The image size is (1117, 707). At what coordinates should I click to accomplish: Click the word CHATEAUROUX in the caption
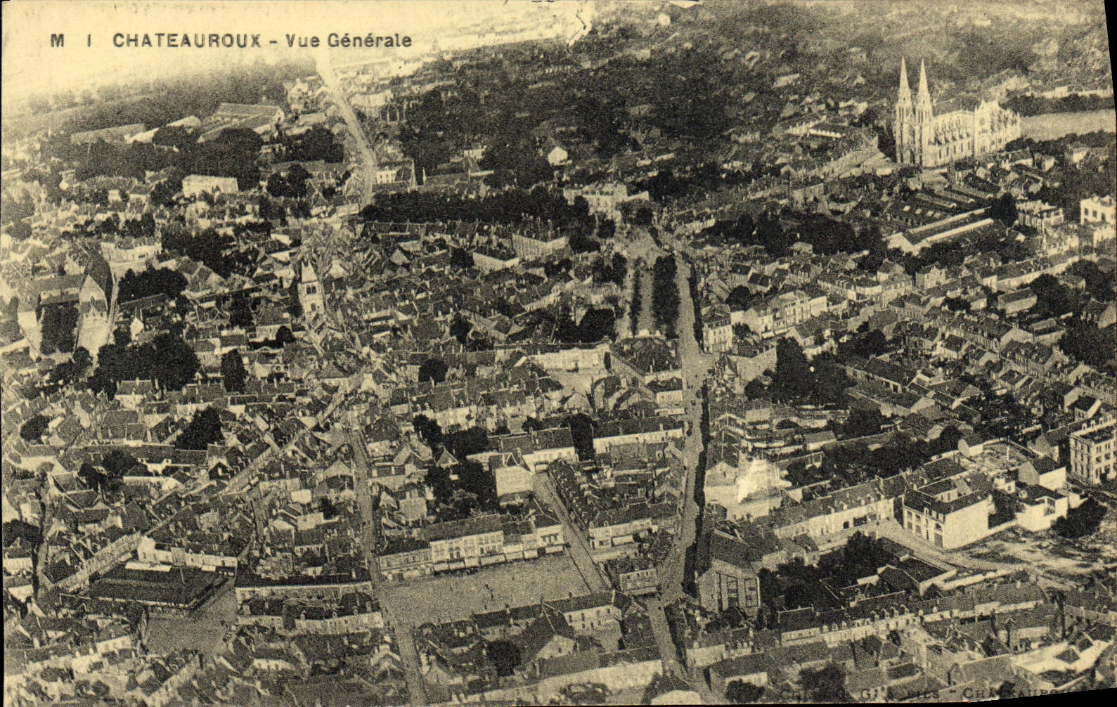click(x=188, y=40)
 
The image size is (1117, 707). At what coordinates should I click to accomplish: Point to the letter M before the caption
click(x=57, y=40)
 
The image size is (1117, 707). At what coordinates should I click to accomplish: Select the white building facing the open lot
click(x=945, y=517)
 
